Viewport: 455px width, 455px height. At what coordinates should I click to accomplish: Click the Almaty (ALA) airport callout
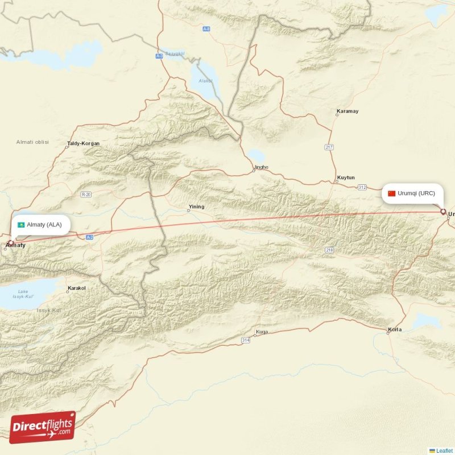41,224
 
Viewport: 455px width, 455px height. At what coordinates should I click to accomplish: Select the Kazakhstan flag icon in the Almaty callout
21,225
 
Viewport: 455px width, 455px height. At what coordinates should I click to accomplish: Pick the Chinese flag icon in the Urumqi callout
391,193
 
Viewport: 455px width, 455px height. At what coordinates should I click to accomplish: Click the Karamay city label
348,111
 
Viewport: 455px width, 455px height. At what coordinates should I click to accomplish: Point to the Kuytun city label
345,177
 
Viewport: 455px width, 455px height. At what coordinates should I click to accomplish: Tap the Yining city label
196,207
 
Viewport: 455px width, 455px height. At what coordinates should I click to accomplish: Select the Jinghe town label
260,167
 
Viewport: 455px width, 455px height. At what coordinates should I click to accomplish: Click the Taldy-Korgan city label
83,143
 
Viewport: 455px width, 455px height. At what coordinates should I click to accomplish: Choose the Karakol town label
76,288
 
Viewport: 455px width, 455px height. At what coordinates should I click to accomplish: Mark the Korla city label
394,329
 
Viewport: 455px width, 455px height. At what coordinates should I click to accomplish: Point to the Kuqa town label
262,332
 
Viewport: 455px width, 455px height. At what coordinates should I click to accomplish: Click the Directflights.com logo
43,427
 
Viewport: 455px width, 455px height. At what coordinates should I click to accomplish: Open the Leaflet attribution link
444,450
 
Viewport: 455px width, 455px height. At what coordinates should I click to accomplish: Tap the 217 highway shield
329,147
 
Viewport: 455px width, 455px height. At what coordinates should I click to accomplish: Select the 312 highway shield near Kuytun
362,187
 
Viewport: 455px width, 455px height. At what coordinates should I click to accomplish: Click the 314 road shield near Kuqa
245,340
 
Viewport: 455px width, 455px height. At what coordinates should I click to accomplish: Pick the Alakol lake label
205,81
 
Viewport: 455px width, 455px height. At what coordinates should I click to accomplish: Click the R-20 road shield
86,195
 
